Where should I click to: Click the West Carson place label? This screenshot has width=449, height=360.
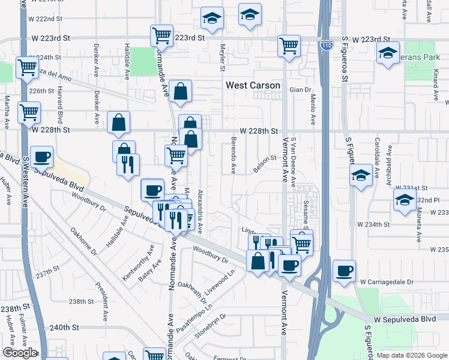pos(253,86)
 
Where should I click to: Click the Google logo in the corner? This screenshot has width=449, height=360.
pos(20,353)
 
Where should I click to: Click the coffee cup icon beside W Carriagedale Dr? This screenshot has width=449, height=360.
pos(345,271)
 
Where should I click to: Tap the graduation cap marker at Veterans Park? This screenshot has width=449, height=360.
pos(388,55)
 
